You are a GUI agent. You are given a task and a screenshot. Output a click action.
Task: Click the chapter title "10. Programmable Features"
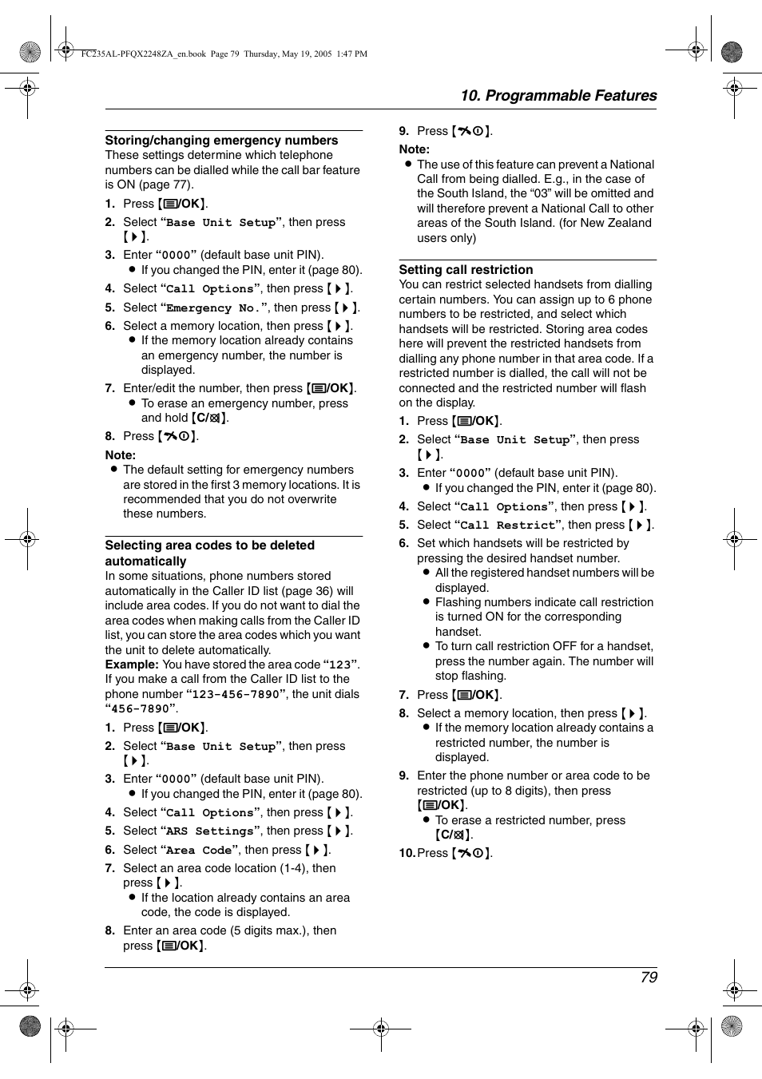pyautogui.click(x=558, y=96)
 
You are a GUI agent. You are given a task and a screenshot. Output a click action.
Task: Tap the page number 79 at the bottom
pyautogui.click(x=649, y=977)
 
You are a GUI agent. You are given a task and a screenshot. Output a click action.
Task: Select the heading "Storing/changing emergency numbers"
pyautogui.click(x=221, y=141)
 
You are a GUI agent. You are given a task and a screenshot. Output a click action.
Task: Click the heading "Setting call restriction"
pyautogui.click(x=466, y=270)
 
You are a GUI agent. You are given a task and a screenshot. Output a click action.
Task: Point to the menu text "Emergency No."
pyautogui.click(x=212, y=308)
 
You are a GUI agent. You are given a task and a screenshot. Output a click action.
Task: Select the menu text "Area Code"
pyautogui.click(x=199, y=851)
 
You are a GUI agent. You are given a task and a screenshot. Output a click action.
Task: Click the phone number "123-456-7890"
pyautogui.click(x=236, y=695)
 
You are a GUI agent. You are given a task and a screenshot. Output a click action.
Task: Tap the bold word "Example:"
pyautogui.click(x=132, y=664)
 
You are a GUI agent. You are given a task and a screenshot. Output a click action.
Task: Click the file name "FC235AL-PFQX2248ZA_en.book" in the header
pyautogui.click(x=144, y=54)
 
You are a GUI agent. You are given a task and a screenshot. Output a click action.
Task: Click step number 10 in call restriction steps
pyautogui.click(x=407, y=853)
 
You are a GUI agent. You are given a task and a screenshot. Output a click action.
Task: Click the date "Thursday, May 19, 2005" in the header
pyautogui.click(x=288, y=54)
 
